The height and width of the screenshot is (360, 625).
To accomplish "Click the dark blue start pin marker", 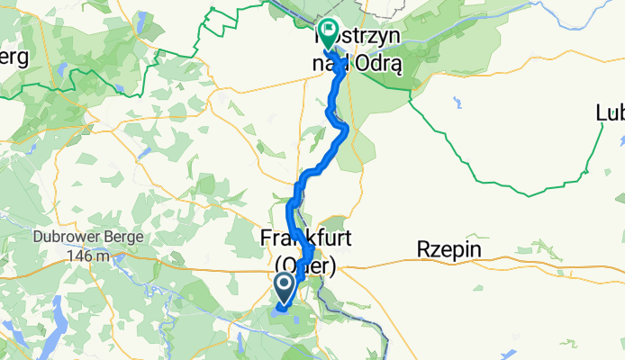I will tap(284, 288).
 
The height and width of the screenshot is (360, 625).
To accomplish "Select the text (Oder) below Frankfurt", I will tap(305, 266).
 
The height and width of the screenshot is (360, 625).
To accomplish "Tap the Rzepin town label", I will tap(449, 251).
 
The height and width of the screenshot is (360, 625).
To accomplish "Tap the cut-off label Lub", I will tap(610, 113).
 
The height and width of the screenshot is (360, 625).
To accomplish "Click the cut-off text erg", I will tap(14, 57).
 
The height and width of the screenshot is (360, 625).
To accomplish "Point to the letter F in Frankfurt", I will tap(265, 239).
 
